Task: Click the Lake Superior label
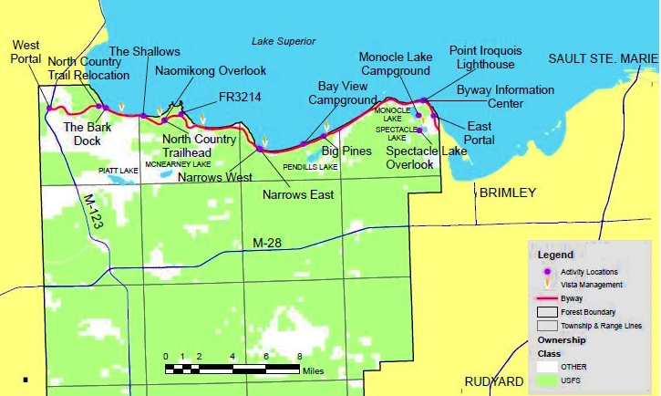pos(283,42)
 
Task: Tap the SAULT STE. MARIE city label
pos(603,58)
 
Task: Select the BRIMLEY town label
pos(507,193)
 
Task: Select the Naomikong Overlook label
pos(211,70)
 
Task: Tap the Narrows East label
pos(298,194)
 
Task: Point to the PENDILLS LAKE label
pos(310,168)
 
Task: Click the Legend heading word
pos(556,255)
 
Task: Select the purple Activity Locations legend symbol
pos(547,271)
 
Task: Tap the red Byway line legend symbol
pos(547,297)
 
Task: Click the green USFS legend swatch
pos(547,379)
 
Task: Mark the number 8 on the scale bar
pos(299,357)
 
